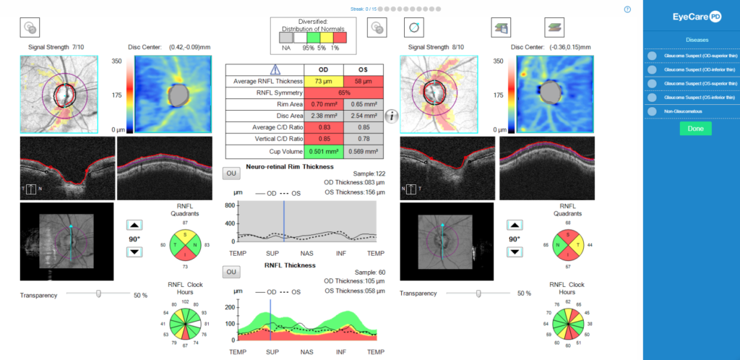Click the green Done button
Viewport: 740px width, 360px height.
pyautogui.click(x=694, y=129)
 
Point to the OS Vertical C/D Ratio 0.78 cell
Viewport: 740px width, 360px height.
pyautogui.click(x=364, y=140)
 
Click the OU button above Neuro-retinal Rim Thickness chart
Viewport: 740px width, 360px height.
pyautogui.click(x=230, y=173)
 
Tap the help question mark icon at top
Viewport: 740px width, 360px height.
pyautogui.click(x=627, y=9)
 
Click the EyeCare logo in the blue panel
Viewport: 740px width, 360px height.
pyautogui.click(x=692, y=15)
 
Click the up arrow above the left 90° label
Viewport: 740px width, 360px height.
pyautogui.click(x=134, y=225)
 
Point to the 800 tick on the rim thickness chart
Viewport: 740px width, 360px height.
pyautogui.click(x=229, y=206)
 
